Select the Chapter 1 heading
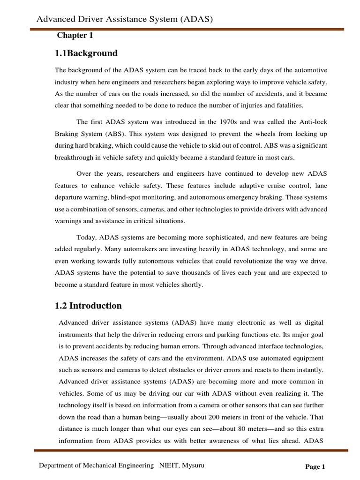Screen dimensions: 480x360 pos(72,36)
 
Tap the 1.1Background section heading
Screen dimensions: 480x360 pos(86,53)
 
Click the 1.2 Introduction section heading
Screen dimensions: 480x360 pos(89,306)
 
